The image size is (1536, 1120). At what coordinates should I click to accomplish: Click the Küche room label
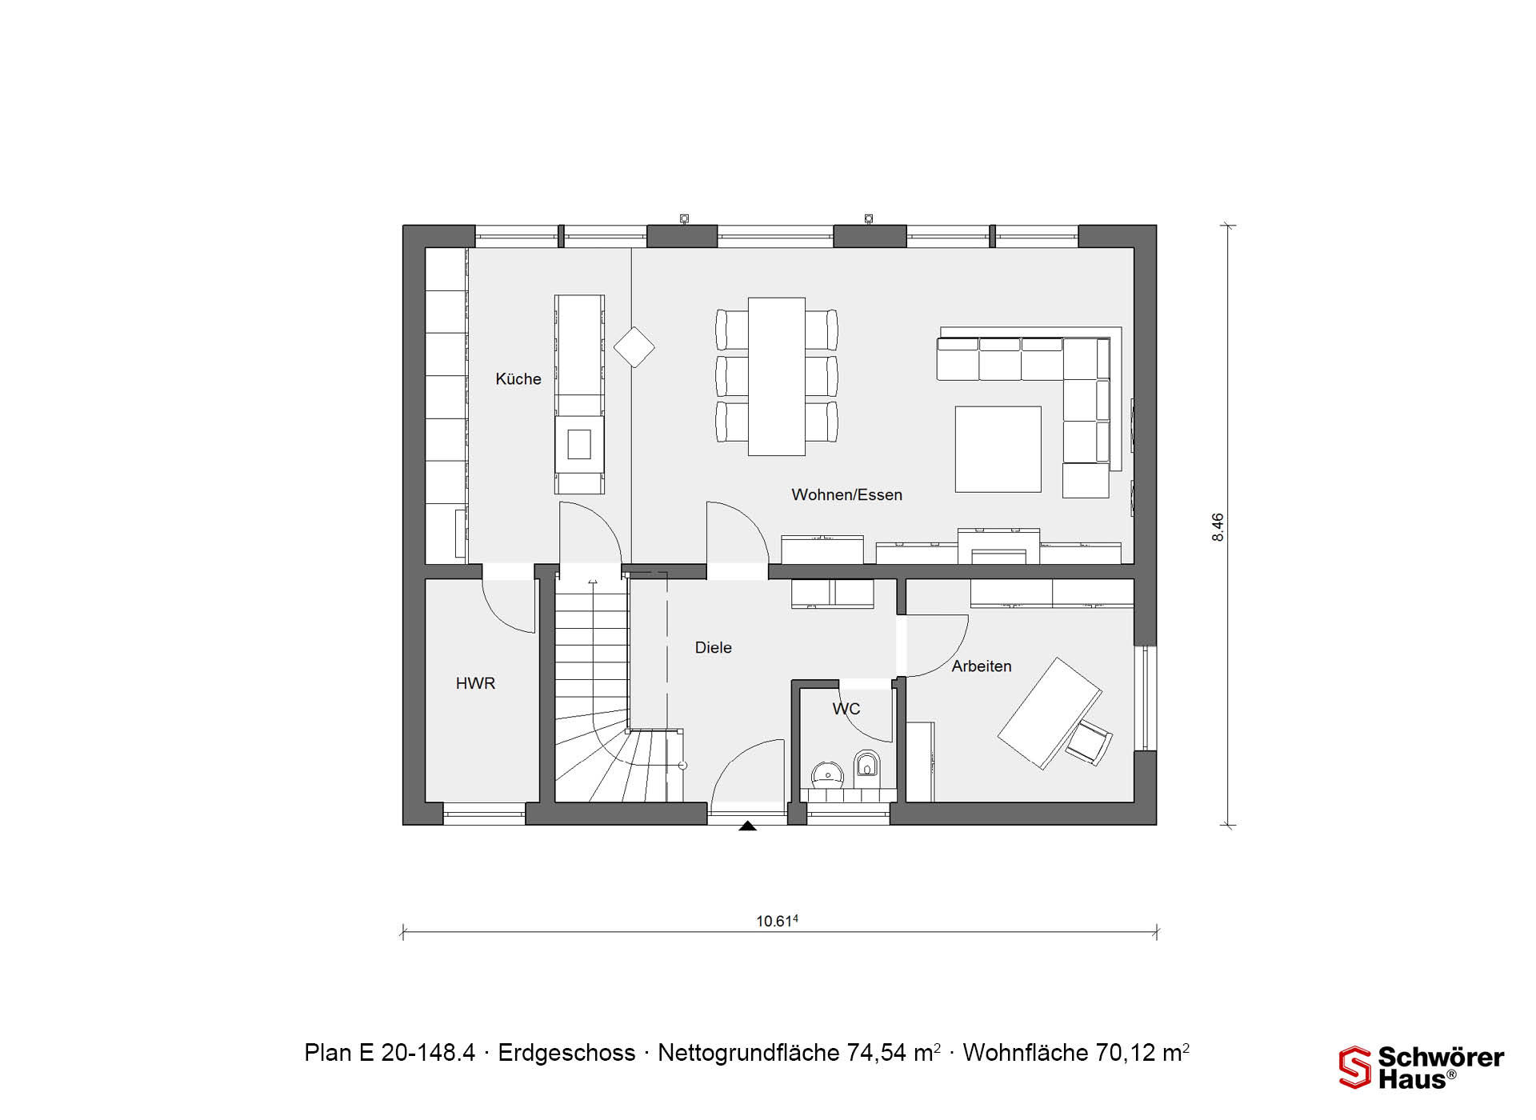coord(518,379)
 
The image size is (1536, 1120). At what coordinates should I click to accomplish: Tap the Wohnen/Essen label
coord(846,495)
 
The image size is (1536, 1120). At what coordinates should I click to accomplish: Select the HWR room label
coord(475,683)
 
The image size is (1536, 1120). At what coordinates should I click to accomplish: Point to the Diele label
coord(713,648)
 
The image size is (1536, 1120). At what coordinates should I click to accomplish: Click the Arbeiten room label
coord(981,666)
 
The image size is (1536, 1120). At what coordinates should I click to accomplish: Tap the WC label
coord(846,709)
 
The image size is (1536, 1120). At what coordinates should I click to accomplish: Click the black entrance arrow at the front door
coord(747,826)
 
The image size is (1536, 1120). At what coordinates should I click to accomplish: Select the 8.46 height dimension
coord(1218,527)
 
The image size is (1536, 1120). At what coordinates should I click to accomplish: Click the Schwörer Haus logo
coord(1422,1067)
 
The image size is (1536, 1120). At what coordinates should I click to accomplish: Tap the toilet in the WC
coord(866,765)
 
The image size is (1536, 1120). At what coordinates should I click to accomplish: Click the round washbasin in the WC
coord(827,774)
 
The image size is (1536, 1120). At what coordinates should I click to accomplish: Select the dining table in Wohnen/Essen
coord(776,377)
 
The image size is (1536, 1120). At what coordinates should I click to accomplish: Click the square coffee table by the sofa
coord(998,449)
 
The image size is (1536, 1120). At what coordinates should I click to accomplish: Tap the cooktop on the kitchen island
coord(579,444)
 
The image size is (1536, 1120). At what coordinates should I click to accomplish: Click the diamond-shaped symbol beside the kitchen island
coord(634,347)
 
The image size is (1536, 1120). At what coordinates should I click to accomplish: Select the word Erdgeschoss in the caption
coord(566,1053)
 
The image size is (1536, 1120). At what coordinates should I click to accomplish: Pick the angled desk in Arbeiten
coord(1049,714)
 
